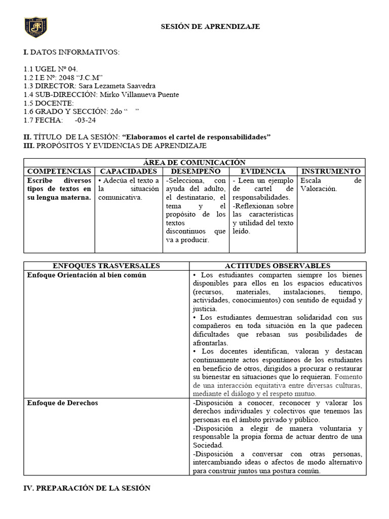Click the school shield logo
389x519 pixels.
36,27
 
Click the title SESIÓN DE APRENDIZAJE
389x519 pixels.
210,26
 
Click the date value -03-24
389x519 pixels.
85,120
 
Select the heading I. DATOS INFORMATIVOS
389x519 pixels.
71,52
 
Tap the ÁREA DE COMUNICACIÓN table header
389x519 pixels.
194,162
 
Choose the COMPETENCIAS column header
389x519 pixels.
59,171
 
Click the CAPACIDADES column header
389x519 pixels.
129,171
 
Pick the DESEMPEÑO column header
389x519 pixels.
196,171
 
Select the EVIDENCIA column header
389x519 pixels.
262,171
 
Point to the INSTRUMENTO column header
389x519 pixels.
331,171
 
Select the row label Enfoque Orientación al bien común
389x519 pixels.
87,275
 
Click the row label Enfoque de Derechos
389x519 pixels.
63,403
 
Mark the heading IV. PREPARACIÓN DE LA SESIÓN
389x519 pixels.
87,488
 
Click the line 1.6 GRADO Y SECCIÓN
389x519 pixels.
81,112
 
